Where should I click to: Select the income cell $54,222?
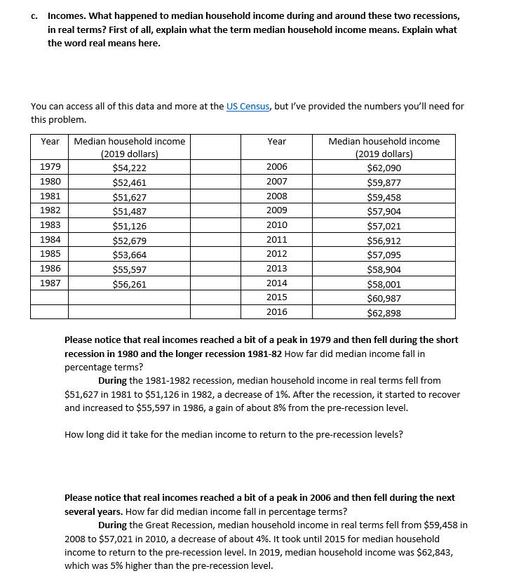(129, 168)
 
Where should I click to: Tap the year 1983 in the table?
(50, 225)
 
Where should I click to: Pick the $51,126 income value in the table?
(129, 226)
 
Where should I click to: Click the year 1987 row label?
(50, 283)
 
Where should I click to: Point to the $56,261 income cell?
(129, 284)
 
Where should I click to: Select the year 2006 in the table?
(276, 167)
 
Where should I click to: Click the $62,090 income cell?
(384, 168)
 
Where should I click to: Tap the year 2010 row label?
(276, 225)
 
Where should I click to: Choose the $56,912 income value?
(384, 241)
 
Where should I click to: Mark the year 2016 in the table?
(276, 312)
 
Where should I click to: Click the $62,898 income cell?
(384, 313)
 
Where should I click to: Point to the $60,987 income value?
(384, 298)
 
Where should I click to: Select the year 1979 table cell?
(50, 167)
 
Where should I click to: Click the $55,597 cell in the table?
(129, 269)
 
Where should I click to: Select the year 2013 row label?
(276, 269)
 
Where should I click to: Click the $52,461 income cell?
(129, 182)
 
